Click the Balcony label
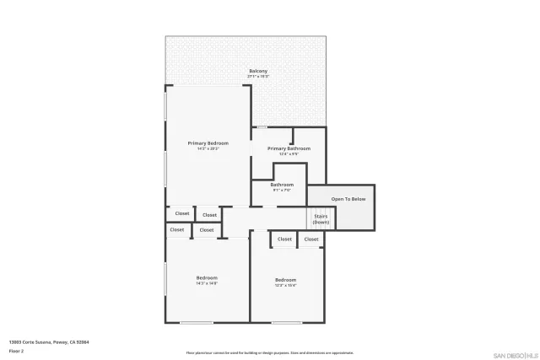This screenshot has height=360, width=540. (258, 70)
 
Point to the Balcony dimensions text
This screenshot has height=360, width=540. (258, 76)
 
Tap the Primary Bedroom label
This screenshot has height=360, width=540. (208, 143)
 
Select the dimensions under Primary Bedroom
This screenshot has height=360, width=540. (208, 149)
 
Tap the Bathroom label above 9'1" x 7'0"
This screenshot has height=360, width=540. (282, 185)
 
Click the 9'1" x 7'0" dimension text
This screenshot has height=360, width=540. (282, 191)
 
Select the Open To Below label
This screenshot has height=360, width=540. (348, 199)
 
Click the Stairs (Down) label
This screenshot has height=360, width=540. (321, 219)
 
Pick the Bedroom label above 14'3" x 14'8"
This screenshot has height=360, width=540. (207, 277)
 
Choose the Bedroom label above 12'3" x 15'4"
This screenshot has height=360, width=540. (285, 279)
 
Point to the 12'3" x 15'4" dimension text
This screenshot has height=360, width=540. (285, 285)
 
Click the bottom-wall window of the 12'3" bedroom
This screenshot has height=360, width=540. (286, 322)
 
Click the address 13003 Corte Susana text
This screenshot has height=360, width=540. (49, 342)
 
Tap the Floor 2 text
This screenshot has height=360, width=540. (16, 350)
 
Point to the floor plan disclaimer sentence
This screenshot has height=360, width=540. (270, 352)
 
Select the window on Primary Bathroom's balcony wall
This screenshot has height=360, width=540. (262, 127)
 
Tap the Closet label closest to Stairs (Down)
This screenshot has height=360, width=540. (311, 239)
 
